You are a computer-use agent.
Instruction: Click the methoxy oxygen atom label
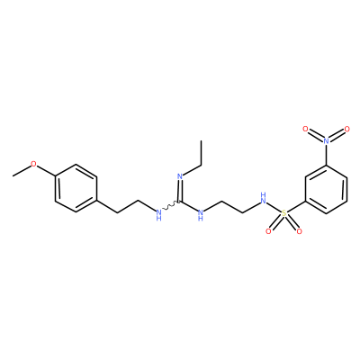tap(33, 164)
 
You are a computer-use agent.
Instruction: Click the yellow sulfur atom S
tap(283, 213)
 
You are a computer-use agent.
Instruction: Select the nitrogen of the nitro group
tap(326, 140)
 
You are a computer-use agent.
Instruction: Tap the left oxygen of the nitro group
tap(305, 129)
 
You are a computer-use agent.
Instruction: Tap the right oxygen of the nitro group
tap(347, 129)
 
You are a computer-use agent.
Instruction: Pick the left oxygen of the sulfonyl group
tap(268, 231)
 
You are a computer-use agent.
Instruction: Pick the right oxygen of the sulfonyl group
tap(299, 231)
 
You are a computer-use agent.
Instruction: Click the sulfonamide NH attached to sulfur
tap(264, 198)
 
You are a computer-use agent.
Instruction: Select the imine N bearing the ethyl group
tap(180, 176)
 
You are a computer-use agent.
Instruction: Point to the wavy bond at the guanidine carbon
tap(171, 206)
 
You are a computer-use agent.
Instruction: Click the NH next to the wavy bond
tap(159, 215)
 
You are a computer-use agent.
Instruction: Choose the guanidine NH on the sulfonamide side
tap(201, 215)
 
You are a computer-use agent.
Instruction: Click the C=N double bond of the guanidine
tap(180, 191)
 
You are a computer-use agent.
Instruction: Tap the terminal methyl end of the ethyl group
tap(201, 140)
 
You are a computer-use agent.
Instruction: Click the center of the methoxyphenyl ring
tap(76, 188)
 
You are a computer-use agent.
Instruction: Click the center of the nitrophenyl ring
tap(326, 188)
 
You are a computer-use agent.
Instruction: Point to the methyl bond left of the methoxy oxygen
tap(22, 171)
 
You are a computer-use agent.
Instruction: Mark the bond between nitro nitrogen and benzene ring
tap(326, 154)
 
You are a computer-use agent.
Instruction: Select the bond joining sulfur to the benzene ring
tap(296, 206)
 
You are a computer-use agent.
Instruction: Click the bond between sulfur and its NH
tap(274, 208)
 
